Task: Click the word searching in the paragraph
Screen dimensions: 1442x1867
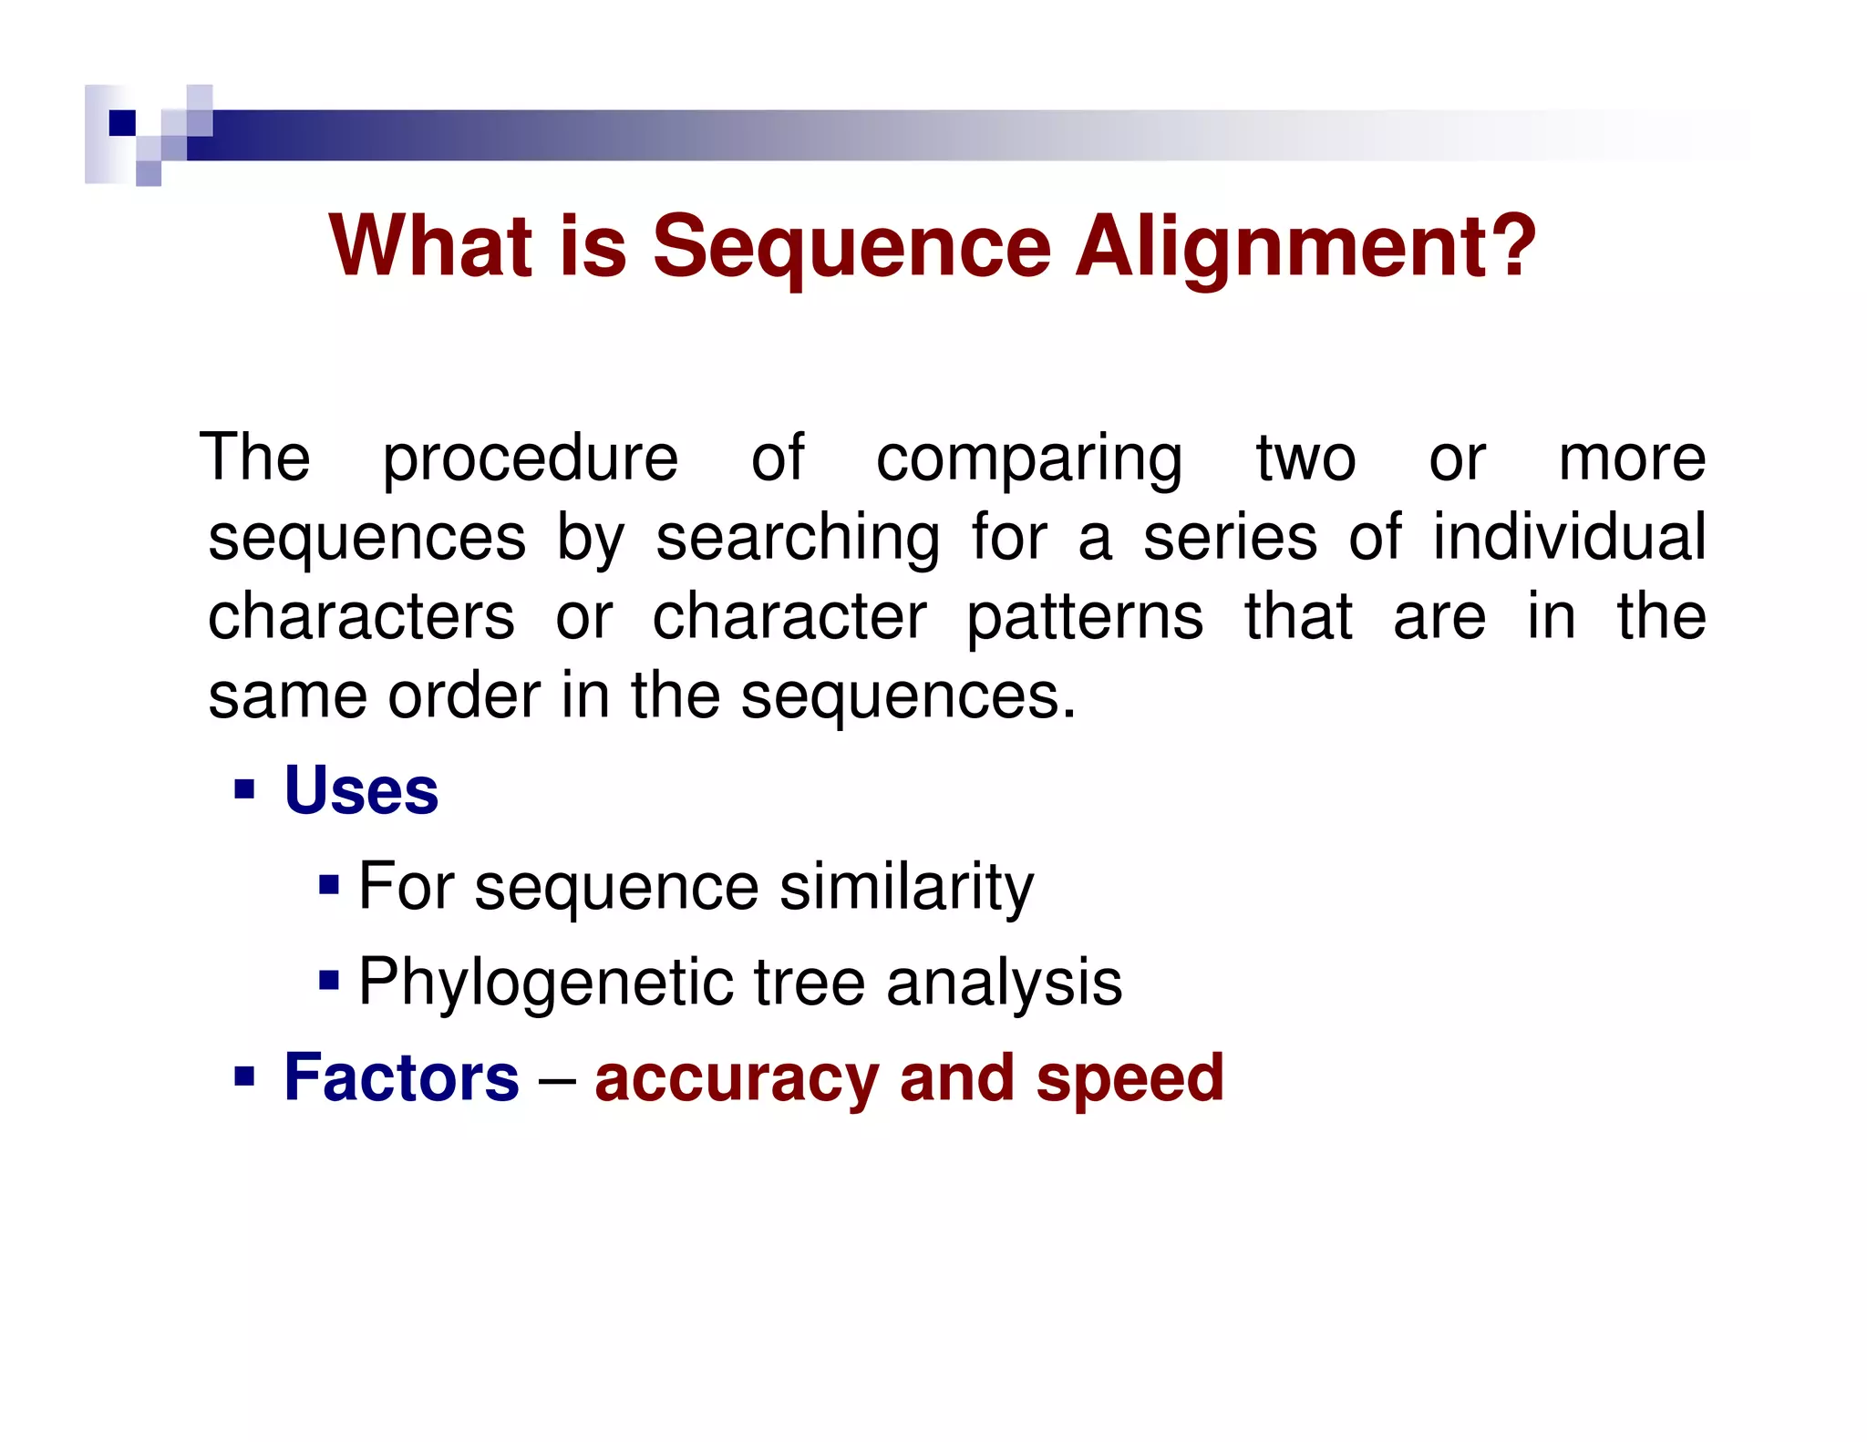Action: pos(798,538)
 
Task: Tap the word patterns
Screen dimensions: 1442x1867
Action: pos(1085,618)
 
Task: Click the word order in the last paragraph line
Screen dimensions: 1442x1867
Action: pos(464,696)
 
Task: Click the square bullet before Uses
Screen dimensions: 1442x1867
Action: pos(243,788)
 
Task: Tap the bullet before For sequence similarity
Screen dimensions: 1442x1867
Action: pos(329,885)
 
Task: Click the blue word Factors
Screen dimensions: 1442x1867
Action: pos(401,1077)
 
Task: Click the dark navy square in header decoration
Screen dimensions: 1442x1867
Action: pos(122,123)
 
